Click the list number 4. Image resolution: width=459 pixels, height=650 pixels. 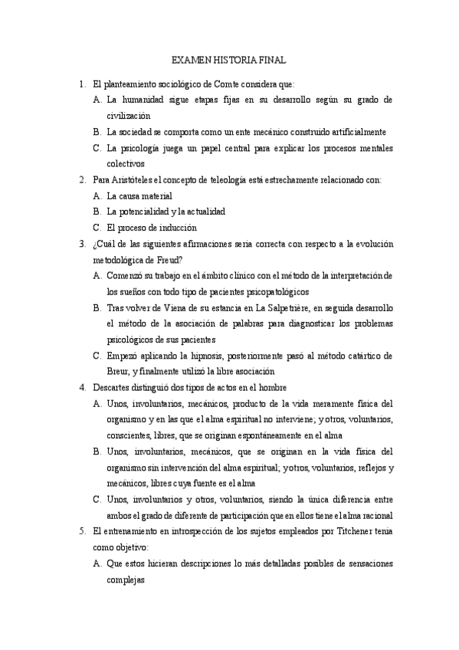point(82,388)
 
